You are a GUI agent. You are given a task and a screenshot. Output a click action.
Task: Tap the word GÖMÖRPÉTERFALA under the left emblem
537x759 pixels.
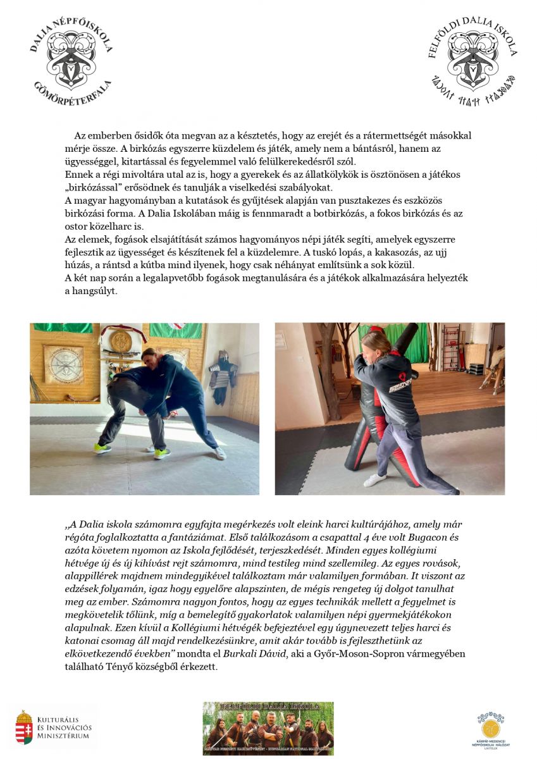pyautogui.click(x=73, y=95)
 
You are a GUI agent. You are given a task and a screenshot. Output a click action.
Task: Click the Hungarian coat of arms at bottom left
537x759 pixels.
pyautogui.click(x=24, y=727)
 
